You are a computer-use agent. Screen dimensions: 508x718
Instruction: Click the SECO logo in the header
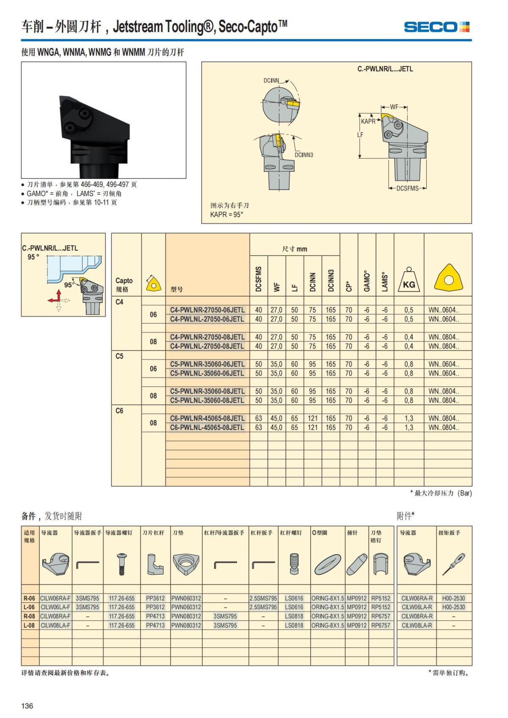(436, 27)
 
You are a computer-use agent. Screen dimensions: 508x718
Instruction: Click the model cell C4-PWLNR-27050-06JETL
(207, 310)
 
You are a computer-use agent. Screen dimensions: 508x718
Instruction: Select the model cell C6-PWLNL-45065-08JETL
(207, 427)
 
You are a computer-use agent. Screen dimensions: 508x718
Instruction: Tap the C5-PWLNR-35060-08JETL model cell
(207, 391)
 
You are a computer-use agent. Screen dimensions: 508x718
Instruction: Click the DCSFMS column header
(259, 278)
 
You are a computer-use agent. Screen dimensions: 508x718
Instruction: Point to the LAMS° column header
(385, 282)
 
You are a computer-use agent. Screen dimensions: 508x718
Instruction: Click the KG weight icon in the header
(409, 279)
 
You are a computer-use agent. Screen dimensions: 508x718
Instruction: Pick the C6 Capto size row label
(119, 410)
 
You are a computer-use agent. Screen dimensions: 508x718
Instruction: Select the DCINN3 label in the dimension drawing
(304, 155)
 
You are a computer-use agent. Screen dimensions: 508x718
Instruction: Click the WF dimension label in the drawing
(394, 107)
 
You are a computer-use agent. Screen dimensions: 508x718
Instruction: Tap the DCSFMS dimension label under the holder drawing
(407, 188)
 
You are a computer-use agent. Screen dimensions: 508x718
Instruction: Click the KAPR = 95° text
(227, 215)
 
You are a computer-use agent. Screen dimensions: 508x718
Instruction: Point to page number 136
(27, 705)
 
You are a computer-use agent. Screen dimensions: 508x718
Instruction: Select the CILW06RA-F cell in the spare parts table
(55, 598)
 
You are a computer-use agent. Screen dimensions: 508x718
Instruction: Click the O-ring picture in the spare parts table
(327, 564)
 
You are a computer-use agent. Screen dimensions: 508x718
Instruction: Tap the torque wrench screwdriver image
(453, 564)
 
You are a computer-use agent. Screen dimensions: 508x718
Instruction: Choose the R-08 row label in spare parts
(29, 616)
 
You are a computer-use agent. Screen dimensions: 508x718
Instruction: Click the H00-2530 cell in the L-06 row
(453, 607)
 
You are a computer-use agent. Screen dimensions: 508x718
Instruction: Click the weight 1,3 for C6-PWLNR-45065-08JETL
(409, 418)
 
